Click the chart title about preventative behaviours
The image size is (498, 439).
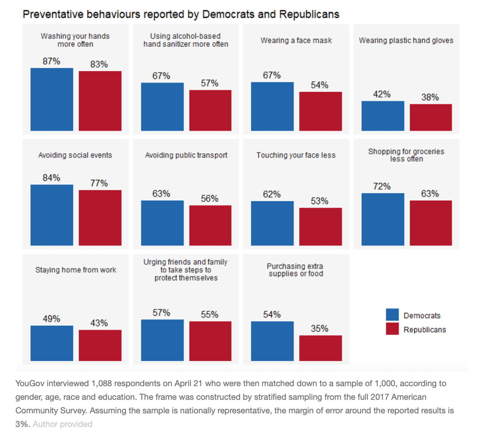point(181,14)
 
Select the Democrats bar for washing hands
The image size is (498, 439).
point(52,100)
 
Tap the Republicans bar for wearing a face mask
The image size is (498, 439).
point(321,111)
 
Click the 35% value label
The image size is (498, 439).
point(319,328)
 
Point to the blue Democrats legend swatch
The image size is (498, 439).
point(392,315)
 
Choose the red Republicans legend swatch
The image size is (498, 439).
point(392,329)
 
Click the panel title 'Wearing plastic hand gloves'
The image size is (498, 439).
point(406,40)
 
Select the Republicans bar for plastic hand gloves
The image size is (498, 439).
point(431,117)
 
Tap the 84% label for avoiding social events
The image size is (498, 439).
point(52,178)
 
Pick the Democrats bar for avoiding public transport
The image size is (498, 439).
point(162,223)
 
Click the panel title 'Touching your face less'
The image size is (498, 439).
point(296,155)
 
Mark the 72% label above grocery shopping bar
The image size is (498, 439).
point(382,186)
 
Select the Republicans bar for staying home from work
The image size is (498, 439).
point(100,345)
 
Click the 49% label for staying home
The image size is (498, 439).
point(52,319)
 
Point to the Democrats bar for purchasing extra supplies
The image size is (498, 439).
point(272,341)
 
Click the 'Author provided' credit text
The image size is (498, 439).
point(63,424)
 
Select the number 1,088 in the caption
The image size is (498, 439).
point(101,384)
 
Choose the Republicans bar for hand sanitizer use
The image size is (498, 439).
point(210,111)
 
